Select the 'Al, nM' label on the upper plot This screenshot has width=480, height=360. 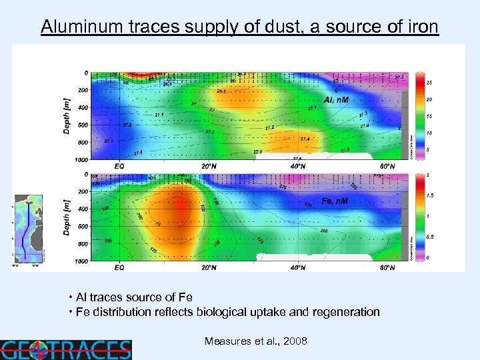[x=336, y=100]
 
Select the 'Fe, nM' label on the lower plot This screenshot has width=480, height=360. [x=335, y=201]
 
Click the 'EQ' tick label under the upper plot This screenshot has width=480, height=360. [x=119, y=165]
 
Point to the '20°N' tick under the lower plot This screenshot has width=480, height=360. [x=209, y=267]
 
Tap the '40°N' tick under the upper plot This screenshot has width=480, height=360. [x=298, y=165]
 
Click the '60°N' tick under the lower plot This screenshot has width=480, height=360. [x=387, y=267]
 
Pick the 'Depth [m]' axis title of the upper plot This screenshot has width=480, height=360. [x=67, y=115]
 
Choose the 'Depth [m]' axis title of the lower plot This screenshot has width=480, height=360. [x=67, y=216]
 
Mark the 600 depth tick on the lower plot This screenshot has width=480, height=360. [x=82, y=226]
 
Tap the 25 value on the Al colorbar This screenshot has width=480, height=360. [x=430, y=83]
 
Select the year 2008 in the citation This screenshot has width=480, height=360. [x=295, y=341]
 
